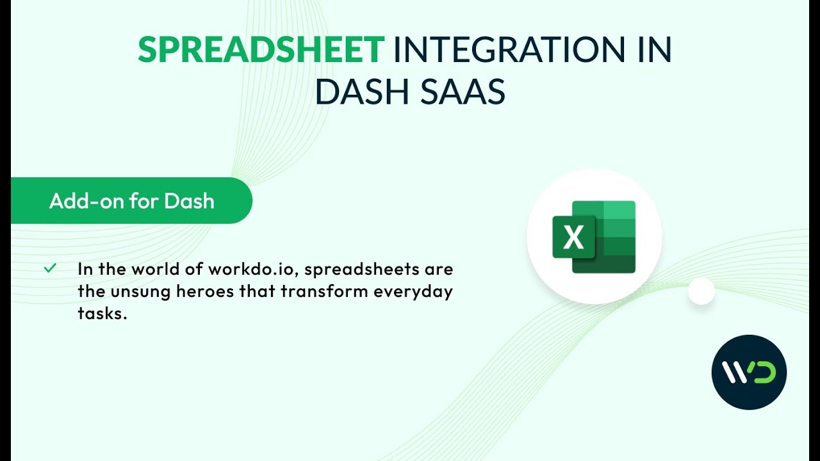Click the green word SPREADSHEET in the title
coord(261,50)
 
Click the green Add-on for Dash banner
coord(131,201)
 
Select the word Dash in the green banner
coord(189,201)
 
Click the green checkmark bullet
coord(50,268)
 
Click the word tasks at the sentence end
coord(99,314)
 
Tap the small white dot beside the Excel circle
coord(701,291)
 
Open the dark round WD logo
coord(749,372)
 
